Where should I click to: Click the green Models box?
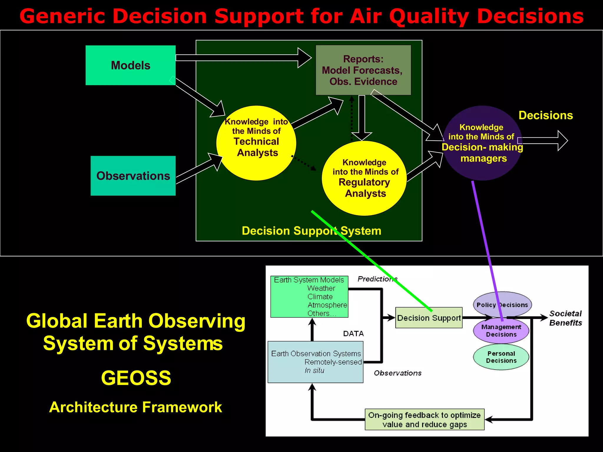130,65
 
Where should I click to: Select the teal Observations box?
133,176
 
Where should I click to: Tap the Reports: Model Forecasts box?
363,70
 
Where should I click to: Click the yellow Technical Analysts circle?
256,143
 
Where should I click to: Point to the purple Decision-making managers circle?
482,143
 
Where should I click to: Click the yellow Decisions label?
546,115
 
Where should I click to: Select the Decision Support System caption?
311,231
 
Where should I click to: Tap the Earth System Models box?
309,297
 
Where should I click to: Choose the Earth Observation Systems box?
315,362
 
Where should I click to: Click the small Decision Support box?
428,318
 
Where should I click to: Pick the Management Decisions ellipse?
501,331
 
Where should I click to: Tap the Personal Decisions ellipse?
501,357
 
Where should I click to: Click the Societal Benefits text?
565,318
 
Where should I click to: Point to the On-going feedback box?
424,420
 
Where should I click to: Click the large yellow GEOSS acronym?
136,378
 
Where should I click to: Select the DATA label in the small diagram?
353,334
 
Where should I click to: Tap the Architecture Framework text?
135,407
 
